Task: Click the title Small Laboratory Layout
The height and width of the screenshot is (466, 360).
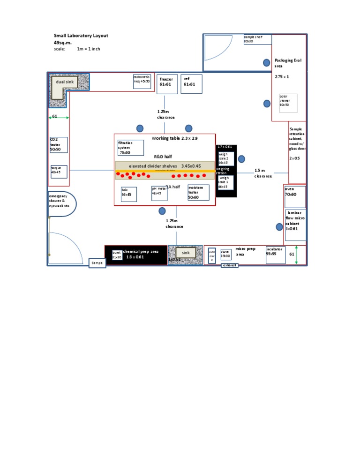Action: (x=81, y=36)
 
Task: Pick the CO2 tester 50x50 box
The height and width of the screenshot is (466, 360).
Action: (x=59, y=145)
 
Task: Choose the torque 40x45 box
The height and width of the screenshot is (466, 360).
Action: (x=59, y=172)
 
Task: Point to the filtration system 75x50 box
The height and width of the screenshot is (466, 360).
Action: (x=131, y=147)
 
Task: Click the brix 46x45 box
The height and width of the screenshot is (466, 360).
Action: (x=128, y=194)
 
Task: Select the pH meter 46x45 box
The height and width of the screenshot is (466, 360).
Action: (x=159, y=193)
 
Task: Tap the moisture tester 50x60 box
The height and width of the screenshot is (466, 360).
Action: (x=198, y=192)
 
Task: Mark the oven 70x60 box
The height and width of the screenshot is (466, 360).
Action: (x=295, y=196)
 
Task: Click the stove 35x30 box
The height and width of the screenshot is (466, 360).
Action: (x=226, y=254)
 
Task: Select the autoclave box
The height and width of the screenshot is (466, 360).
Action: (x=212, y=255)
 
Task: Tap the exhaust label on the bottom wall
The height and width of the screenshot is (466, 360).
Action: (x=230, y=265)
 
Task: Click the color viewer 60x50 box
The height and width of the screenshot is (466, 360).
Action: (x=288, y=102)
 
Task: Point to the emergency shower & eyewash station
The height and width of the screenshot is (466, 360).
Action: (x=61, y=203)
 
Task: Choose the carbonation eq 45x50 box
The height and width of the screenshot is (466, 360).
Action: (x=142, y=81)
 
